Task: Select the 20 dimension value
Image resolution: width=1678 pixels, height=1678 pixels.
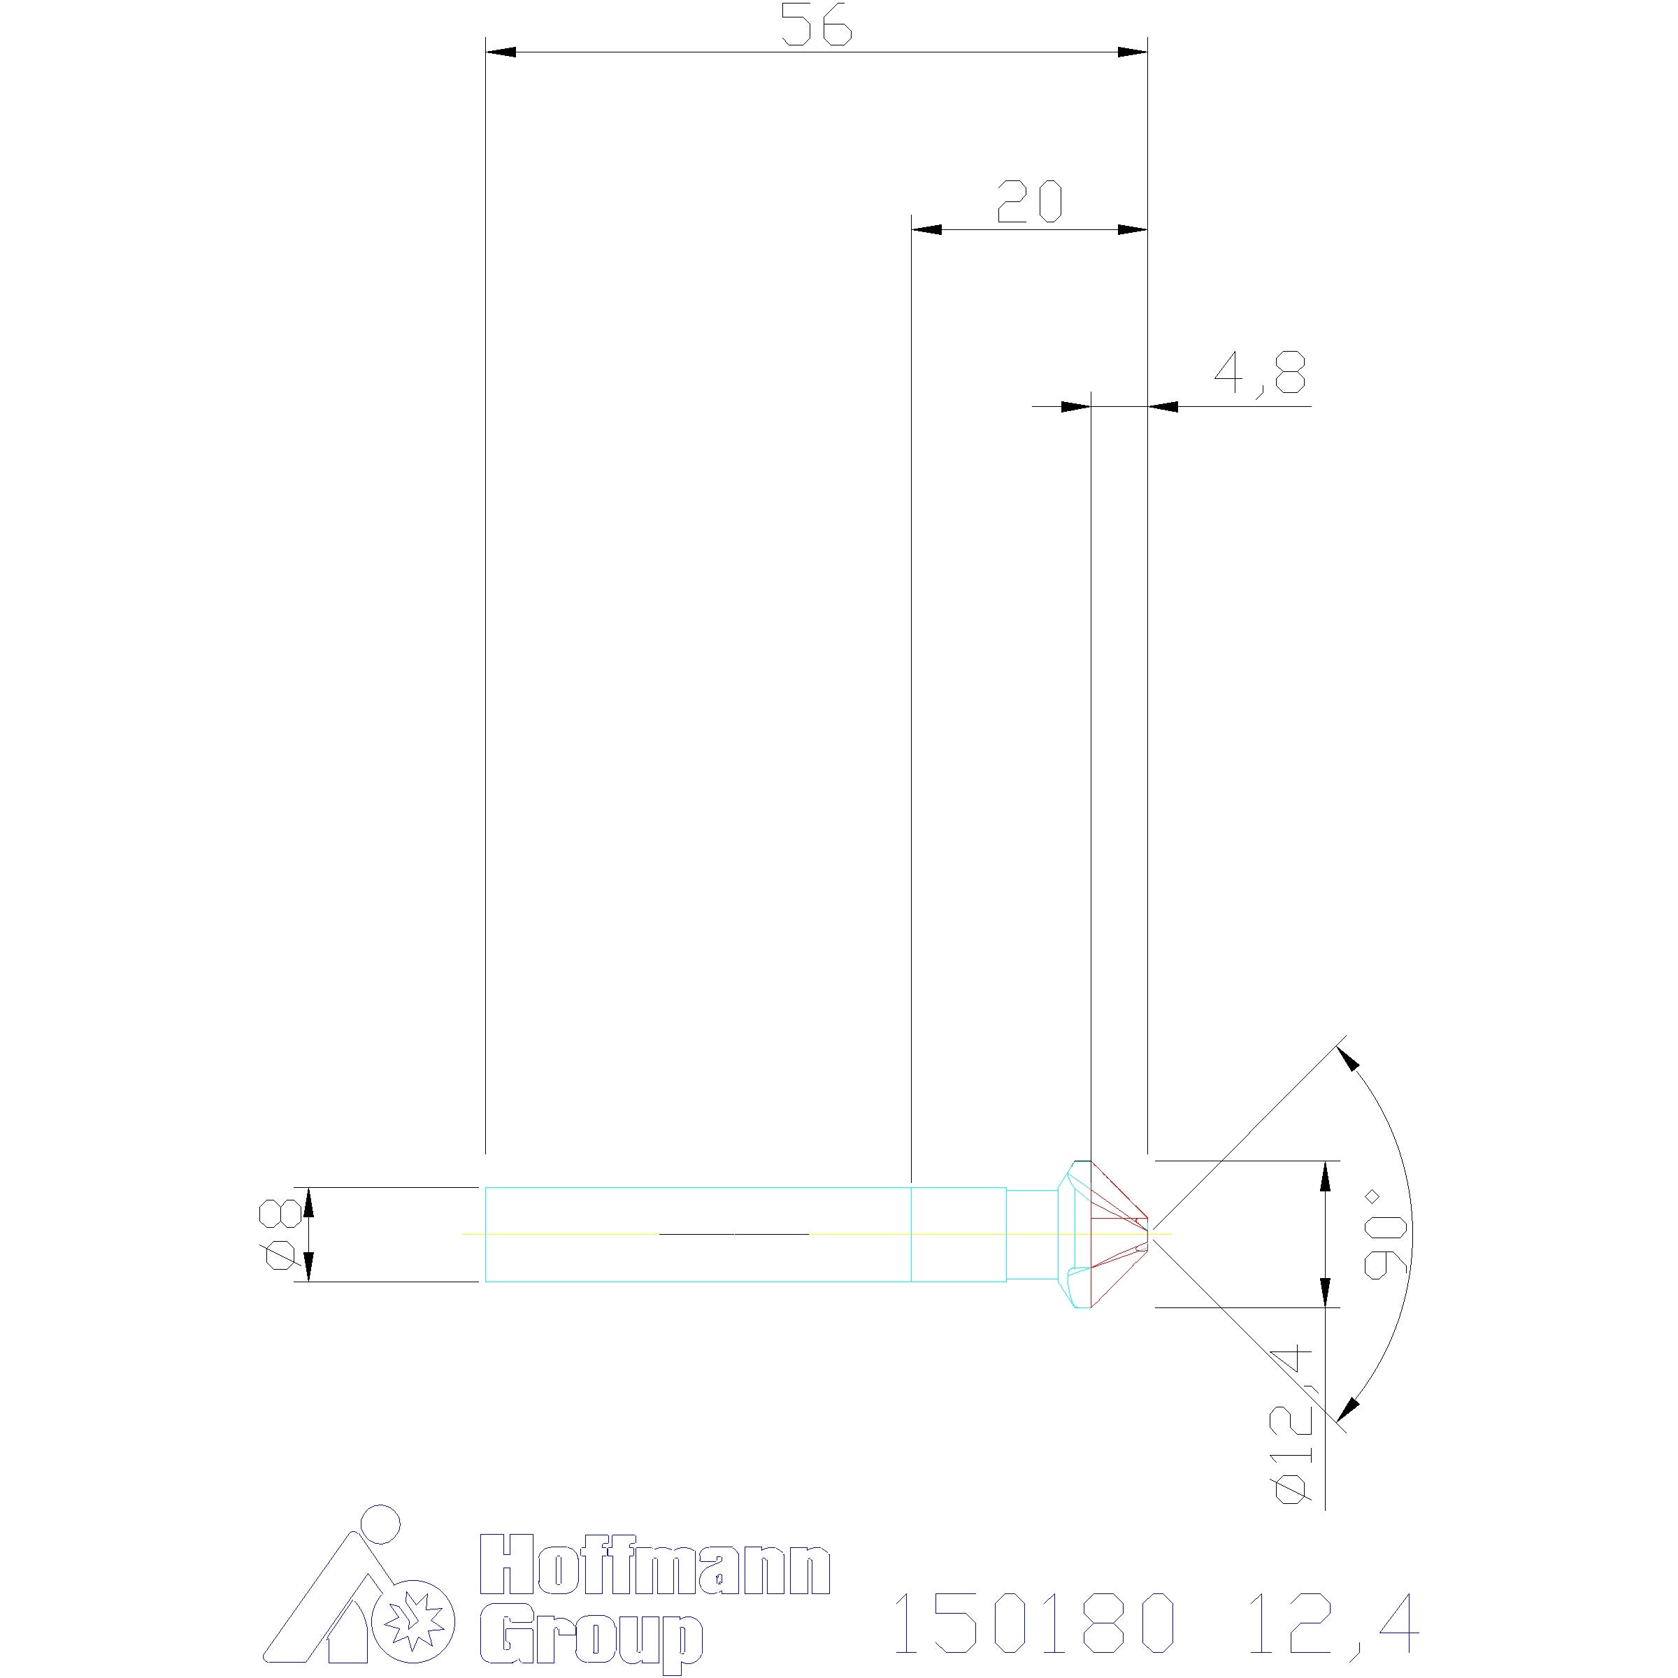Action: tap(1029, 201)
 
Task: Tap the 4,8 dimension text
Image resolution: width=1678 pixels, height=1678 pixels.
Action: tap(1259, 374)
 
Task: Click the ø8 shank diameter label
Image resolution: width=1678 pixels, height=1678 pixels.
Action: tap(282, 1233)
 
